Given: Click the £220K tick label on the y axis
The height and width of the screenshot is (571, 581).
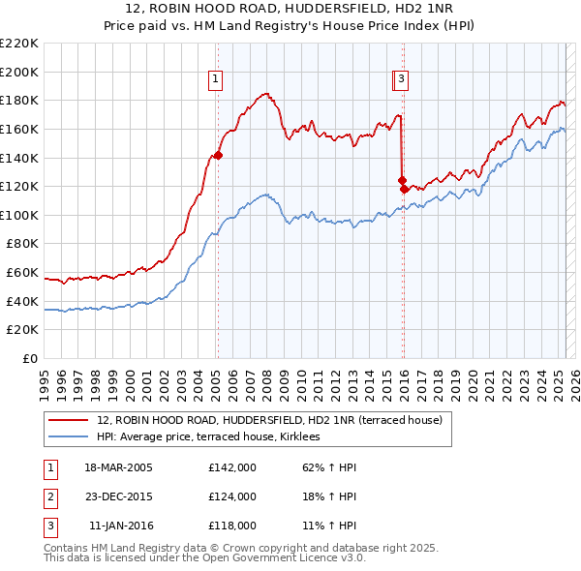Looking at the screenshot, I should pos(19,44).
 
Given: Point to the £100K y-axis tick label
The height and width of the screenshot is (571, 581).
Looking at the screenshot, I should pos(19,215).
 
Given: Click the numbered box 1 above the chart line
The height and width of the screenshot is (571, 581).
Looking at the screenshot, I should pos(215,80).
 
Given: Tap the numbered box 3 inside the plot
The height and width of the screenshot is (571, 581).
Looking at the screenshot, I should pos(401,80).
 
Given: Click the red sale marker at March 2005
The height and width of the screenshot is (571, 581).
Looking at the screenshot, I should pos(218,155).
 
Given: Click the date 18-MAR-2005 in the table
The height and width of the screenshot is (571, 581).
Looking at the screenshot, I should pos(119,467).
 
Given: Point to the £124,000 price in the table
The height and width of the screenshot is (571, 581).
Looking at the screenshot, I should pos(232,496).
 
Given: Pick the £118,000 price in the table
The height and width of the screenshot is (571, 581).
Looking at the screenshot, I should pos(232,526).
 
